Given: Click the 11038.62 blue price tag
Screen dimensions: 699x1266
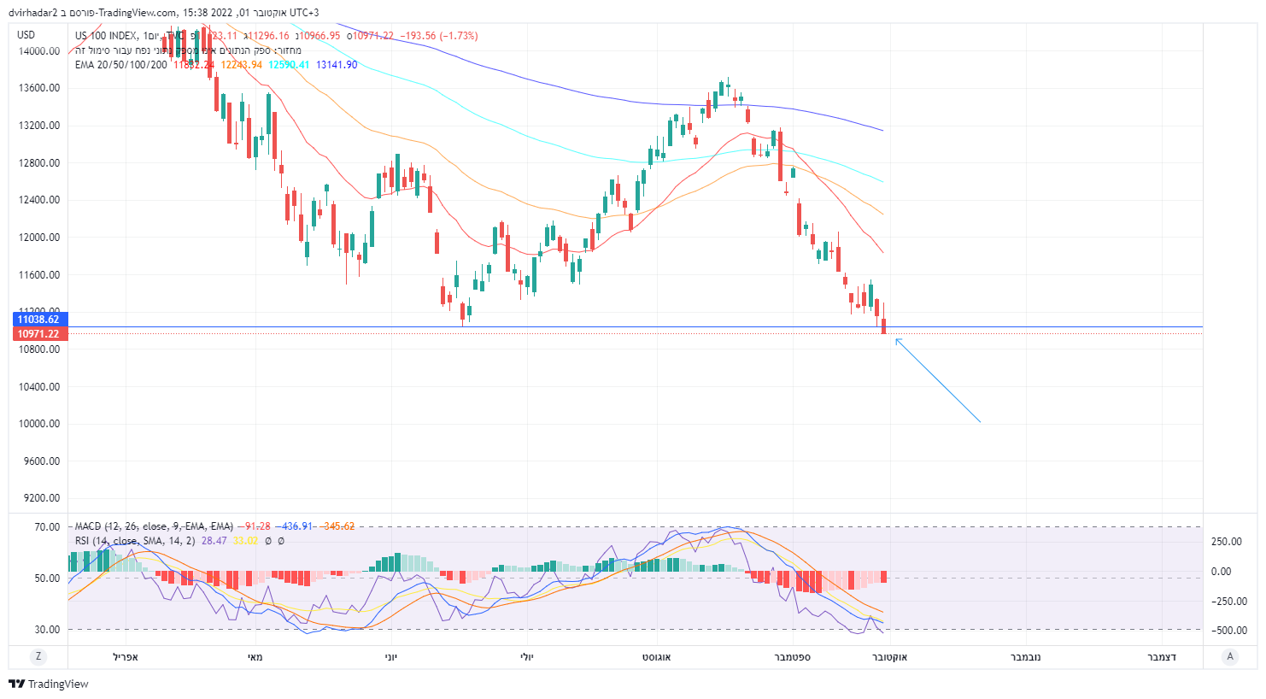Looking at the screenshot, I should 38,320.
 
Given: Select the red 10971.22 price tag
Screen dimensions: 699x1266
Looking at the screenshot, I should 38,334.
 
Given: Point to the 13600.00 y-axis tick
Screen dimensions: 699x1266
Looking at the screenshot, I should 40,88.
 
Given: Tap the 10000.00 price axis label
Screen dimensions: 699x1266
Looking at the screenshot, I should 40,424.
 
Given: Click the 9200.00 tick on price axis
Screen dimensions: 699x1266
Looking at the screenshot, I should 42,498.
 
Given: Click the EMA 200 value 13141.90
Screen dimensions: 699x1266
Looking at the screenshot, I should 337,65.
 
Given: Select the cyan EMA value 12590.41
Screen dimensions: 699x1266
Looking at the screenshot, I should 289,65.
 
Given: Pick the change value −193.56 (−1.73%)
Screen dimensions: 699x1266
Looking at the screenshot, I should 440,36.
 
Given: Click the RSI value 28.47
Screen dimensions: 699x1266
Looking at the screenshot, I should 214,541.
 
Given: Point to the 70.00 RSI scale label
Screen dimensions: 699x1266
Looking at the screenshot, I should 47,527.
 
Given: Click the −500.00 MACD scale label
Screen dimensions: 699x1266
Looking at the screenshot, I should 1227,631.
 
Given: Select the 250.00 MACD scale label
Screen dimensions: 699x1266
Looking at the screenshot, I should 1227,542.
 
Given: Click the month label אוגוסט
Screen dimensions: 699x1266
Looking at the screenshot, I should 657,657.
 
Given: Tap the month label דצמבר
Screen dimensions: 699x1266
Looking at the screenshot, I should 1162,657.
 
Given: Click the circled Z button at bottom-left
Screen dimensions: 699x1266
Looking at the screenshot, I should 38,656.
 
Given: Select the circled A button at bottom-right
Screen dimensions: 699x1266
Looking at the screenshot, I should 1230,656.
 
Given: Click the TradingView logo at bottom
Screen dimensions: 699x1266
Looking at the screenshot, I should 49,684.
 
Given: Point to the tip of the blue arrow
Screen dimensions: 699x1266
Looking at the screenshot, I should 896,339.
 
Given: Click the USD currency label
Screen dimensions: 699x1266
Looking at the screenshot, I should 26,35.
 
